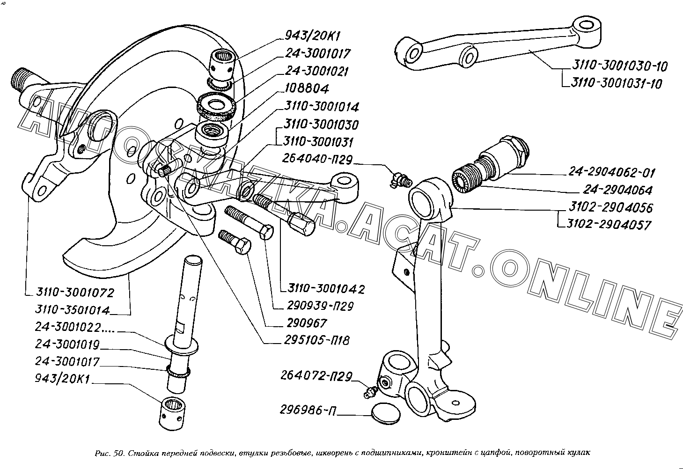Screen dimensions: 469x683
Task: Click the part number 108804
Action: pyautogui.click(x=307, y=88)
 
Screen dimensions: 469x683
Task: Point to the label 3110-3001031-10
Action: pyautogui.click(x=616, y=84)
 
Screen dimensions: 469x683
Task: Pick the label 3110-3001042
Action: pyautogui.click(x=326, y=289)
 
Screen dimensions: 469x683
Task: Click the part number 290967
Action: pyautogui.click(x=305, y=323)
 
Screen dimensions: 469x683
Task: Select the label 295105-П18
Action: pyautogui.click(x=316, y=340)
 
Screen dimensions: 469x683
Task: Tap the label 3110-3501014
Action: pyautogui.click(x=73, y=310)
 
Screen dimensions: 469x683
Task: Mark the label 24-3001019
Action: pyautogui.click(x=67, y=345)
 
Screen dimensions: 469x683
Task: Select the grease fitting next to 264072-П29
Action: pyautogui.click(x=370, y=392)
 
